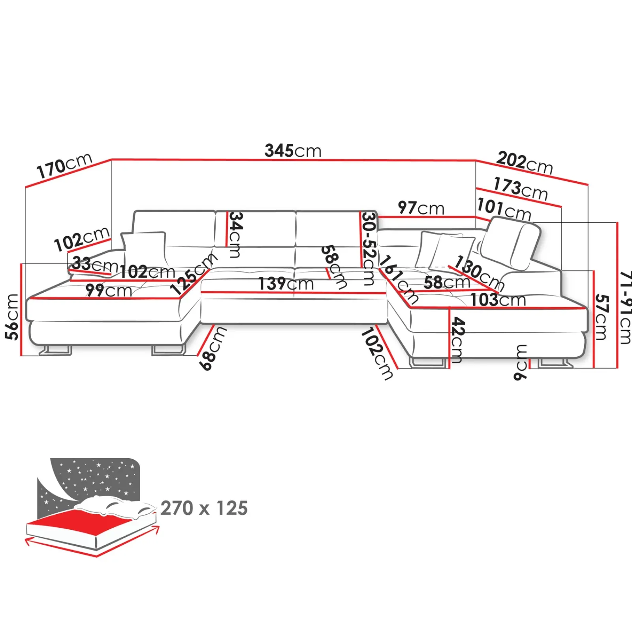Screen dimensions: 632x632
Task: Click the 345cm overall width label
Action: point(293,150)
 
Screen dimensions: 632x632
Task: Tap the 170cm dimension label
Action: point(64,166)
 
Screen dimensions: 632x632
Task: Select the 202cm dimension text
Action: point(524,162)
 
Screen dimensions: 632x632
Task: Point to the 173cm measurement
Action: point(520,189)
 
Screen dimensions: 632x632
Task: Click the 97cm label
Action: point(421,208)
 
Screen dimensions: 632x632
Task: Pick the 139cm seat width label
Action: point(286,284)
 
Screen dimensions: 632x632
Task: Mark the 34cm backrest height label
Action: point(235,235)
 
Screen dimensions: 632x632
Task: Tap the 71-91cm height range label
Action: point(625,307)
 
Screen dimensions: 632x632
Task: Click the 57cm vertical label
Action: point(601,317)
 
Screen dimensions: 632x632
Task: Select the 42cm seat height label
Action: point(457,340)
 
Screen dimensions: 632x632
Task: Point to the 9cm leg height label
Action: point(521,363)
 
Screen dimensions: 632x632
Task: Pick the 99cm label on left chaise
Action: point(109,290)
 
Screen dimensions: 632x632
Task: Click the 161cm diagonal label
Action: point(399,279)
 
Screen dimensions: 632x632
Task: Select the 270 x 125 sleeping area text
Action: point(204,508)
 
